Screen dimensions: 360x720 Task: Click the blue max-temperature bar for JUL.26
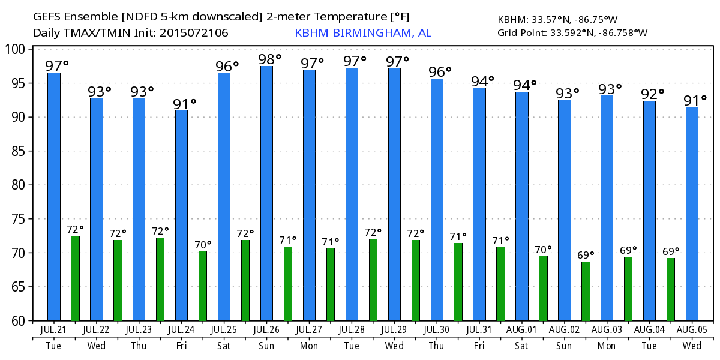click(x=267, y=193)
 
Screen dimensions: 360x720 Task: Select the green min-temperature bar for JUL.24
click(x=203, y=286)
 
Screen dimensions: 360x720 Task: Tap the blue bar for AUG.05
click(x=692, y=214)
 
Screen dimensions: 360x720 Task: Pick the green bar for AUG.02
click(x=586, y=291)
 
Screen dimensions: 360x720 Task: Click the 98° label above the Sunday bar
click(x=269, y=59)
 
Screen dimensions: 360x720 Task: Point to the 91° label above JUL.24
click(x=185, y=104)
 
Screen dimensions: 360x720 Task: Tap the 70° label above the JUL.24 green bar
click(x=203, y=245)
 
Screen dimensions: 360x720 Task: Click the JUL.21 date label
click(x=54, y=331)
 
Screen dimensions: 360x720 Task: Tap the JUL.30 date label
click(x=437, y=331)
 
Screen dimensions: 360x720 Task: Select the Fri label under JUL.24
click(x=181, y=346)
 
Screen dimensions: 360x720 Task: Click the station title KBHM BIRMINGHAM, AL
click(x=362, y=32)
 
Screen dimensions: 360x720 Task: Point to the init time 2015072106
click(x=194, y=32)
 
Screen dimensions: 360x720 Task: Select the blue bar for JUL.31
click(x=479, y=204)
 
